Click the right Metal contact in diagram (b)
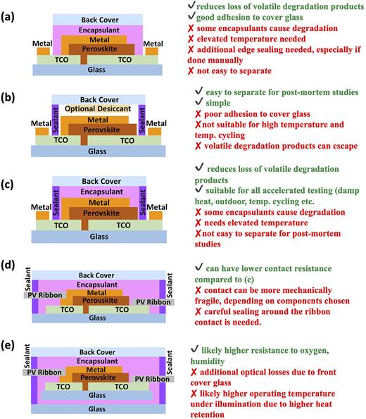click(x=153, y=131)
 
